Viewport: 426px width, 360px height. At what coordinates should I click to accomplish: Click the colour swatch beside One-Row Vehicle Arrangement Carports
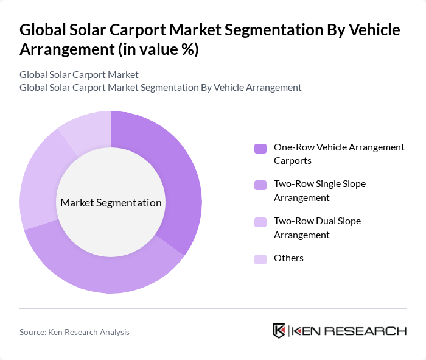click(x=260, y=148)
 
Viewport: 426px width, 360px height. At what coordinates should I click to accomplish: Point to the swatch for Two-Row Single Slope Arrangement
click(x=260, y=185)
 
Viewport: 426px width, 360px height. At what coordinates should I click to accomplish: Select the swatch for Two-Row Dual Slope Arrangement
click(x=260, y=222)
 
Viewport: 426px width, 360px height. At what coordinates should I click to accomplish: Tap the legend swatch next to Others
click(x=260, y=259)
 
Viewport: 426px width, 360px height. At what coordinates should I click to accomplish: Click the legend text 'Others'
click(x=288, y=258)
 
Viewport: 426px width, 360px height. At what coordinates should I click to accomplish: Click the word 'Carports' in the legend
click(x=293, y=161)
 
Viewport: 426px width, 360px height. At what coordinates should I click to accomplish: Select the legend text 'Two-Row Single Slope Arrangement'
click(x=319, y=191)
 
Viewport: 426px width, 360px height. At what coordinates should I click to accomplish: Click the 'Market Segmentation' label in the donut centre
click(x=111, y=203)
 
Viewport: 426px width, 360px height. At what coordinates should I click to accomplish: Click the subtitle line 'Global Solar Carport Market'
click(x=79, y=75)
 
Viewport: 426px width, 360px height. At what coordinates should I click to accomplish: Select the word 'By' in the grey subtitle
click(x=207, y=88)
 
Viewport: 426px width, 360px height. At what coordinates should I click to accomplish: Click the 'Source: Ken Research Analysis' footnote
click(x=74, y=332)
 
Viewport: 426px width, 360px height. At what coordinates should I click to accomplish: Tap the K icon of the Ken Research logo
click(x=279, y=331)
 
